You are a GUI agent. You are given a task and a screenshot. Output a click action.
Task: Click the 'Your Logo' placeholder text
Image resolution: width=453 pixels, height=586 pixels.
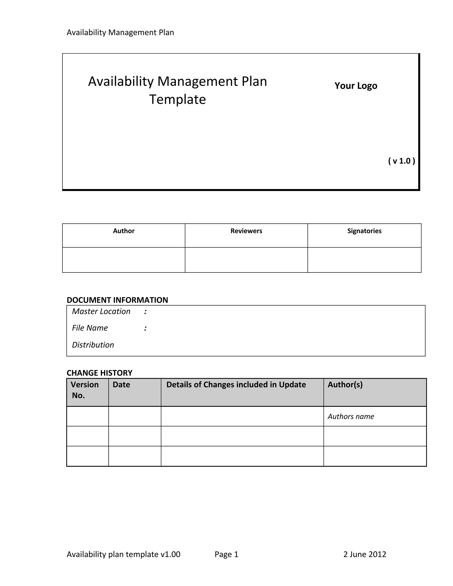tap(356, 86)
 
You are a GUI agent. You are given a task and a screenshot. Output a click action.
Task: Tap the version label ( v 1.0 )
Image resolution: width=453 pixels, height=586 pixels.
tap(401, 161)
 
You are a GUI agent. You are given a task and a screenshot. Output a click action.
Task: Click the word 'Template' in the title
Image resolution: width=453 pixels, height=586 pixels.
tap(177, 100)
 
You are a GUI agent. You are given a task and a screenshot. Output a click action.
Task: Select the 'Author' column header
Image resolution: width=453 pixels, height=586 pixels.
tap(123, 231)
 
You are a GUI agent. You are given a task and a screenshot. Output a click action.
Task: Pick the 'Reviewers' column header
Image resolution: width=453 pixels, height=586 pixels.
tap(246, 231)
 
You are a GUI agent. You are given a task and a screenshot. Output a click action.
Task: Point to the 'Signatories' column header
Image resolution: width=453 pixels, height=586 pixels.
tap(364, 231)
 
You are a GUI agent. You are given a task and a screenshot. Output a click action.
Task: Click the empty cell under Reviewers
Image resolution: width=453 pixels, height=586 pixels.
tap(246, 260)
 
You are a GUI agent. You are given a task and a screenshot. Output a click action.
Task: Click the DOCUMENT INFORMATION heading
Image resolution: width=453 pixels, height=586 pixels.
tap(117, 300)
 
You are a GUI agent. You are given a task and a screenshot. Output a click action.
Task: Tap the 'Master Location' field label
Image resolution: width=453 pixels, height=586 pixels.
tap(101, 312)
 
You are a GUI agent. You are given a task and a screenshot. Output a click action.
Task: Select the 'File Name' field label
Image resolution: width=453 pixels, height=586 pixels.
tap(90, 328)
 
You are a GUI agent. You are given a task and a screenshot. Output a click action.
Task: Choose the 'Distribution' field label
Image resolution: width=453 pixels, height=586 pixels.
tap(93, 345)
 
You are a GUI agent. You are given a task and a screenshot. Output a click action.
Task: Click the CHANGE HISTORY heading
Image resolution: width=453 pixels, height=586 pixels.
tap(99, 373)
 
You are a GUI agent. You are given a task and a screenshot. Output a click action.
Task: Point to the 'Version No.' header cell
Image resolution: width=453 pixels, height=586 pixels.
tap(85, 390)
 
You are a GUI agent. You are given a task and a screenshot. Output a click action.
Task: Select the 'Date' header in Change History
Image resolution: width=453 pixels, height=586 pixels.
tap(121, 385)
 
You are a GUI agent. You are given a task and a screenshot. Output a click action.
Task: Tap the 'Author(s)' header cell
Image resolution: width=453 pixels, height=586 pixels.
tap(345, 385)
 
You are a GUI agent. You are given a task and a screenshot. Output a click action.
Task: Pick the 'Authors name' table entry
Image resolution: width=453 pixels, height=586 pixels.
tap(351, 416)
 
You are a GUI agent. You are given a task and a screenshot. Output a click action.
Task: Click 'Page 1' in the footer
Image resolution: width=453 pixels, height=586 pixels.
tap(226, 554)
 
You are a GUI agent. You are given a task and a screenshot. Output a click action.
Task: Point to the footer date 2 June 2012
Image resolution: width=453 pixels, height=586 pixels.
tap(365, 554)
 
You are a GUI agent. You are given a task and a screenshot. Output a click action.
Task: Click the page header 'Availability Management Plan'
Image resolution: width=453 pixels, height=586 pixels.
tap(120, 33)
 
